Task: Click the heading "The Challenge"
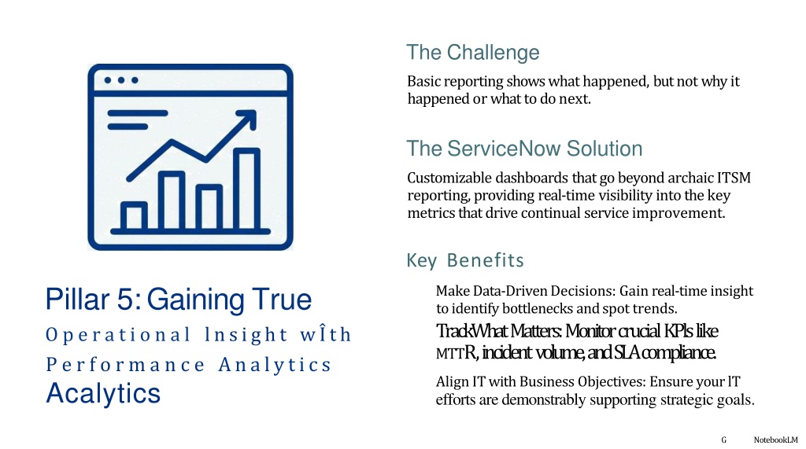point(473,53)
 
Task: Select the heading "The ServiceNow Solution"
point(524,149)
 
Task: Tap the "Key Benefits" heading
point(465,260)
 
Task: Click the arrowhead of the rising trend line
point(248,118)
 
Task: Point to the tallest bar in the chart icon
point(246,189)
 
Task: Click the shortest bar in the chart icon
point(134,215)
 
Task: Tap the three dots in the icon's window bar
point(121,80)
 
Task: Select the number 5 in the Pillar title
point(125,300)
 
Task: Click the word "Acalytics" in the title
point(103,394)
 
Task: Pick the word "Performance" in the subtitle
point(126,365)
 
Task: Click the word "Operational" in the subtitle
point(118,335)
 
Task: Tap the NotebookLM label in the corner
point(775,440)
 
